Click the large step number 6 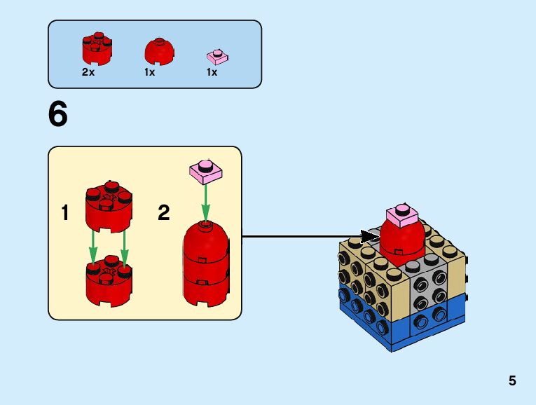pos(58,115)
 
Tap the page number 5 pos(512,381)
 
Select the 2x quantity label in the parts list pos(88,72)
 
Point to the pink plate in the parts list pos(217,57)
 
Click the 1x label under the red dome pos(150,72)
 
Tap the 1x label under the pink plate pos(212,72)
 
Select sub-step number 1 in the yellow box pos(65,213)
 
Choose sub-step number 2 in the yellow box pos(164,213)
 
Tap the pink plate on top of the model pos(403,215)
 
